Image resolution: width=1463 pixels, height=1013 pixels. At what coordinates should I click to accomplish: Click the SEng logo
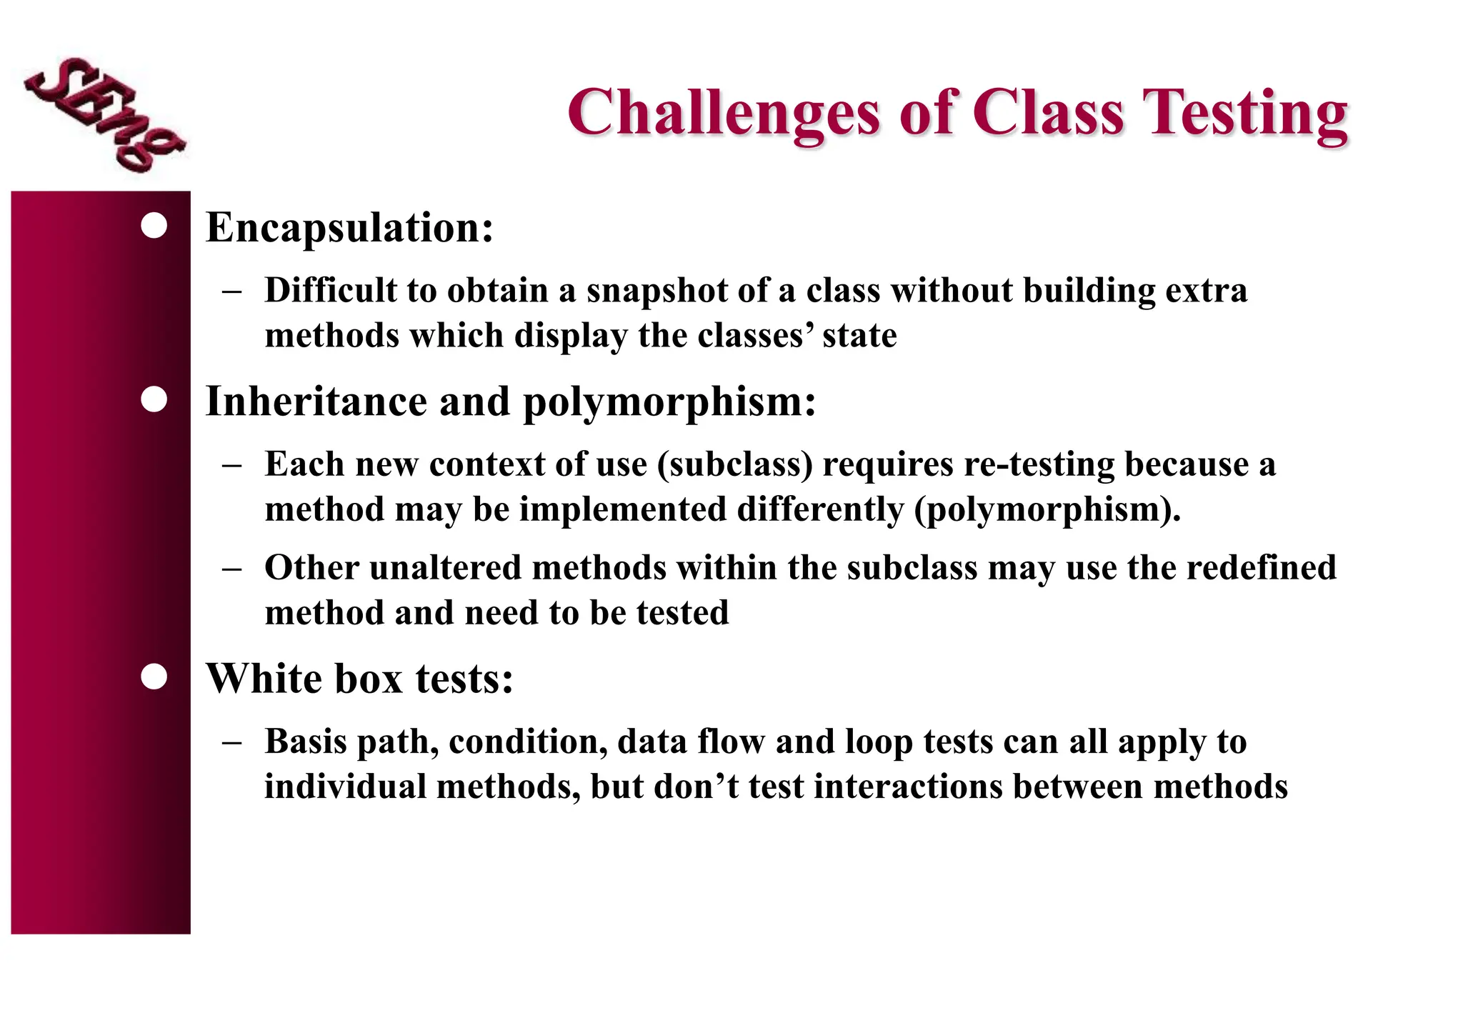(x=104, y=114)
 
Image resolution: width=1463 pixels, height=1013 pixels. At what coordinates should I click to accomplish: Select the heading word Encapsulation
(x=349, y=228)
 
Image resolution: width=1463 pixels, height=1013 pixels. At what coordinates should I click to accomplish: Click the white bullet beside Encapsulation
(x=154, y=226)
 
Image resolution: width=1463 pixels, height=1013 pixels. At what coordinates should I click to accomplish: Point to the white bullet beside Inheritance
(x=154, y=399)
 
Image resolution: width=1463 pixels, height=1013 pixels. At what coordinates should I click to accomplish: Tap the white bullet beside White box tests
(x=154, y=676)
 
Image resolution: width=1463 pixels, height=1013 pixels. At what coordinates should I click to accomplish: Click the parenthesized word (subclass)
(x=735, y=465)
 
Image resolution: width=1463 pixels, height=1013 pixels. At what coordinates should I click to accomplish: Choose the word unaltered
(x=446, y=568)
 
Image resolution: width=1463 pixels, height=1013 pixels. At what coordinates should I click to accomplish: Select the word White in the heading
(x=264, y=678)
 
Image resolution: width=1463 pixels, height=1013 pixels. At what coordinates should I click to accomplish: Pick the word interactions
(x=907, y=787)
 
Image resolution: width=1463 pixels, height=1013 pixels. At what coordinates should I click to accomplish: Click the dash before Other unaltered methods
(x=231, y=569)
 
